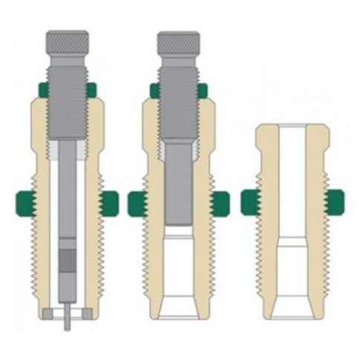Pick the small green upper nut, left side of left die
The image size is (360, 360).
pyautogui.click(x=42, y=91)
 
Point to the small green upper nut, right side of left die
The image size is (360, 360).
pyautogui.click(x=92, y=91)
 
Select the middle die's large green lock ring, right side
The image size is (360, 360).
pyautogui.click(x=220, y=203)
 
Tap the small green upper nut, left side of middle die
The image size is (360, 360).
pyautogui.click(x=154, y=91)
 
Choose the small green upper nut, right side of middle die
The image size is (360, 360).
pyautogui.click(x=203, y=91)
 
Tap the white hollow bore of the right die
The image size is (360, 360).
pyautogui.click(x=292, y=186)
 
